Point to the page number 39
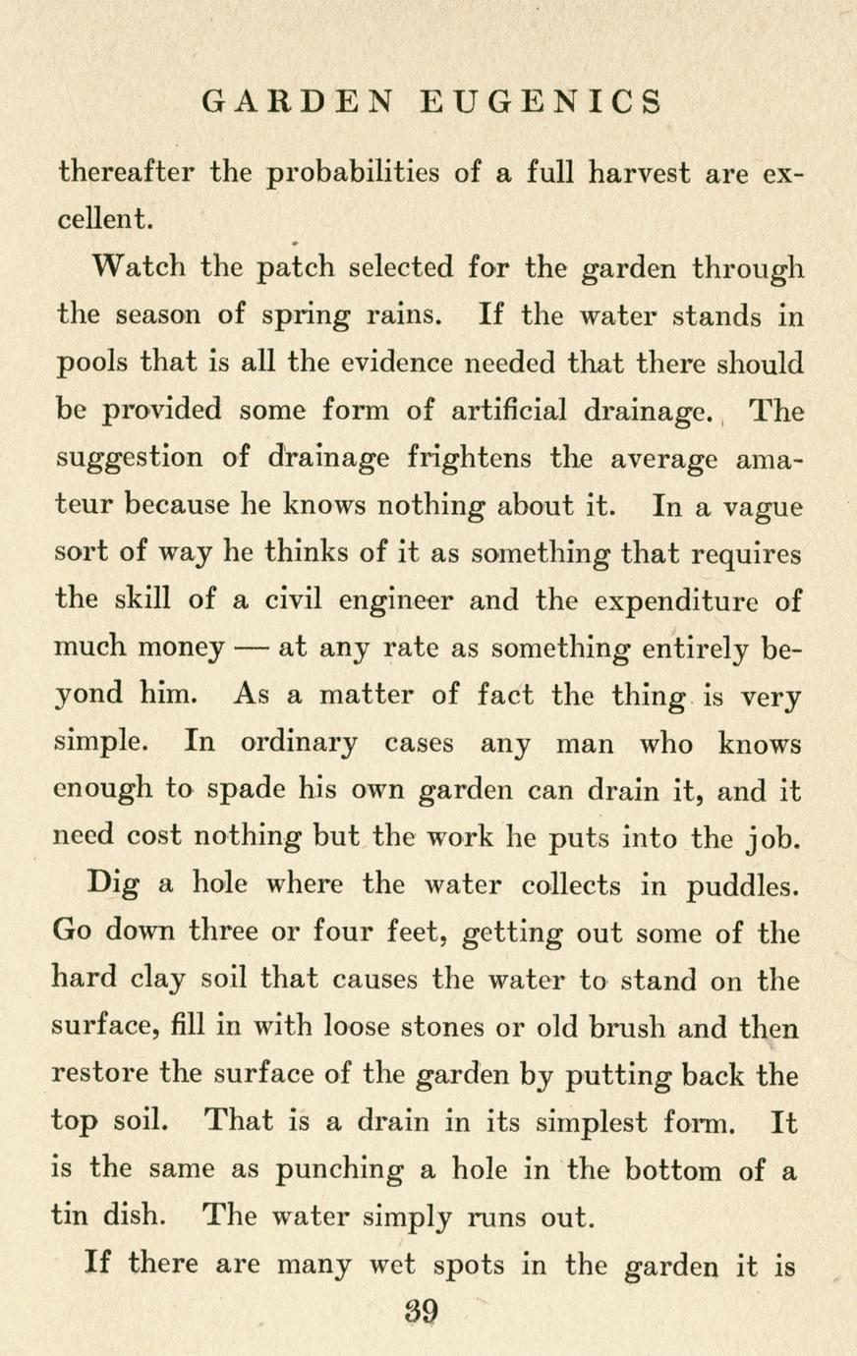tap(421, 1312)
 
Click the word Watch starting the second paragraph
tap(137, 266)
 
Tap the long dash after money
tap(254, 649)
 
